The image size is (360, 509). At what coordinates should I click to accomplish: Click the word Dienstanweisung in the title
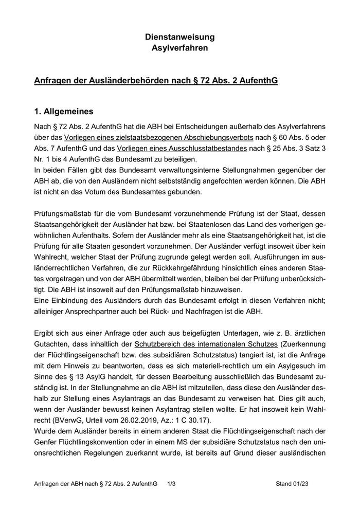coord(179,37)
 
